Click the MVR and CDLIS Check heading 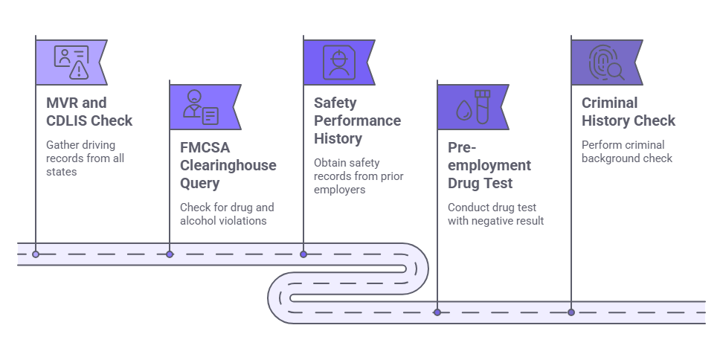click(x=89, y=112)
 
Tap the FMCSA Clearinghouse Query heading click(x=228, y=165)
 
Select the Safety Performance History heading click(x=357, y=120)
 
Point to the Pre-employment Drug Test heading click(x=489, y=165)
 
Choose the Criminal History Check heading click(x=629, y=112)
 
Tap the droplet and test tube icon click(x=472, y=107)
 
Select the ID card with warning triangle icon click(x=71, y=62)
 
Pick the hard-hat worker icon click(x=338, y=62)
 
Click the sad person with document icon click(x=201, y=107)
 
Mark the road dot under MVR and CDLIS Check click(x=36, y=254)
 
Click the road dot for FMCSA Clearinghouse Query click(x=170, y=254)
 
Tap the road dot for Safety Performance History click(x=303, y=254)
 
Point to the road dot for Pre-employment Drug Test click(x=437, y=312)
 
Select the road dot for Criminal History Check click(x=571, y=312)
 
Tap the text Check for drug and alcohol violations click(x=223, y=213)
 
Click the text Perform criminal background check click(x=627, y=151)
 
